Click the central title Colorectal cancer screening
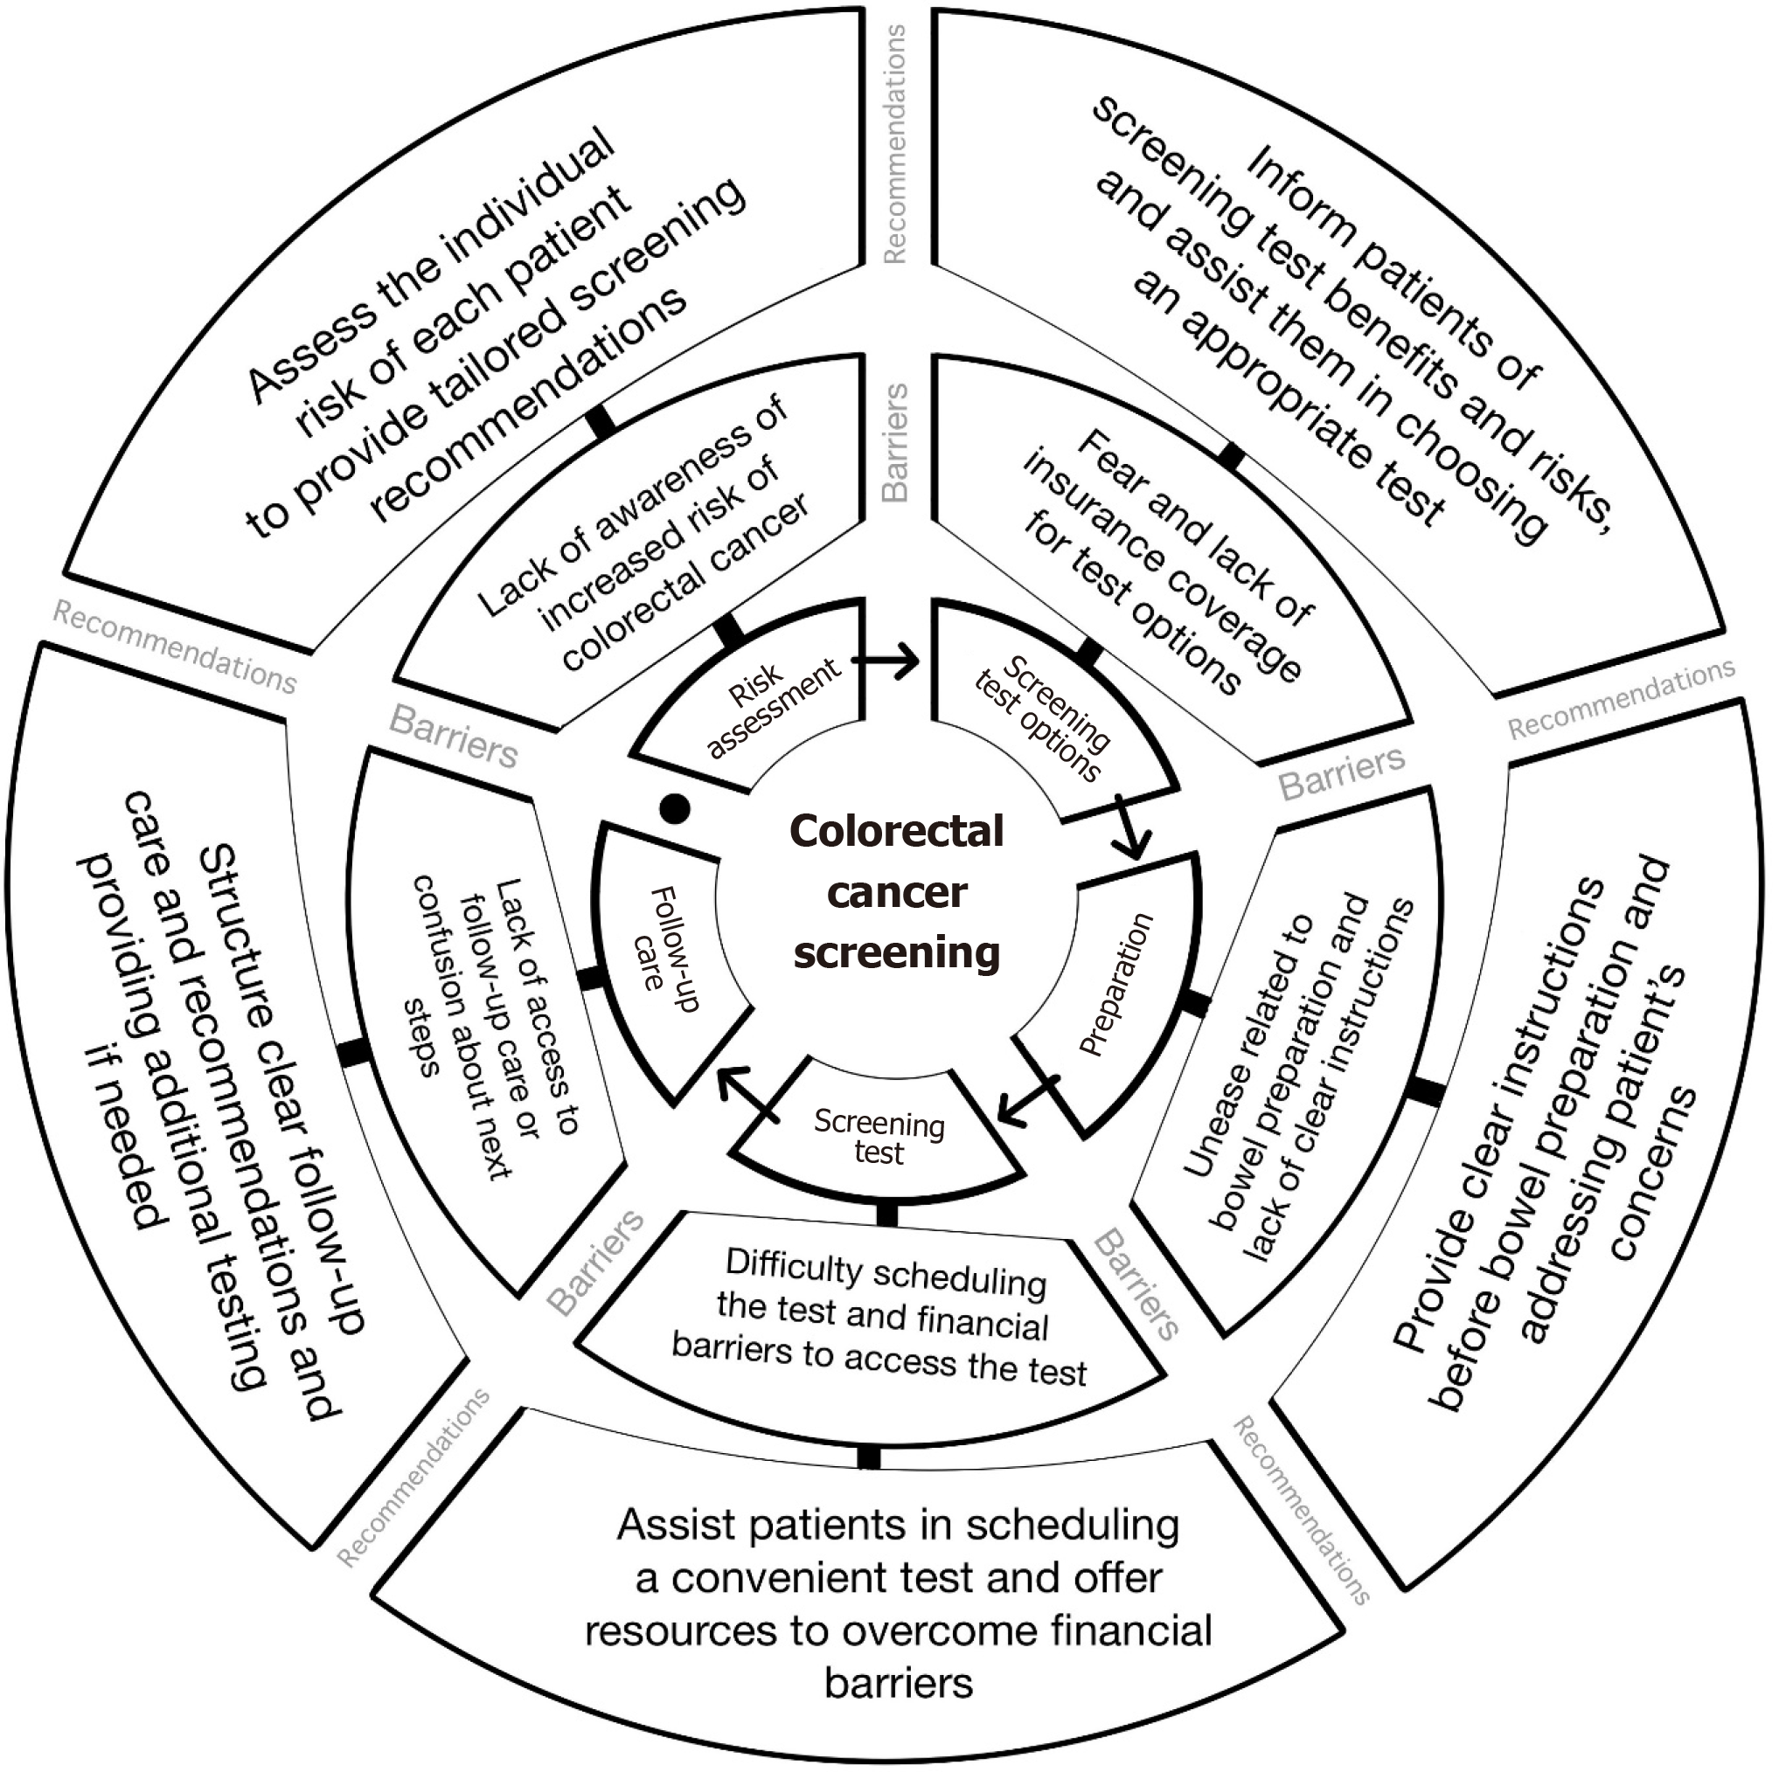896,891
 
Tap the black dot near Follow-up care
675,809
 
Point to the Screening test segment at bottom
879,1138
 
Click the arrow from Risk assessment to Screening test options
885,660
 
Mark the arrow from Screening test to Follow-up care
747,1094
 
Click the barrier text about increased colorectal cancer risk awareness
644,534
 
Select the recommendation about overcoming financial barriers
898,1602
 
